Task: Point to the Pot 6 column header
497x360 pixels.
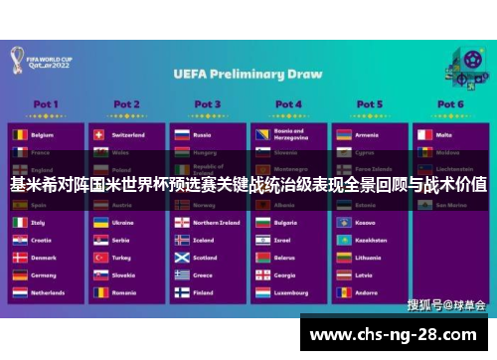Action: pos(449,103)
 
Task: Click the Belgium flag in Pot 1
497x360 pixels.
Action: pos(18,134)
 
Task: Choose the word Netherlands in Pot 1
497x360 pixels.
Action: pos(48,293)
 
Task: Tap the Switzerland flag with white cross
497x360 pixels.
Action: pos(98,134)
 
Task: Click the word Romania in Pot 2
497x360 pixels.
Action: pos(124,293)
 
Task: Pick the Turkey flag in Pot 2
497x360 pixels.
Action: pos(98,258)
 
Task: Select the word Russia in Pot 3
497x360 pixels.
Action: pos(202,134)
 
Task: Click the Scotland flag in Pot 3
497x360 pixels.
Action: pos(181,258)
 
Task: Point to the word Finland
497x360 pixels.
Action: pos(203,293)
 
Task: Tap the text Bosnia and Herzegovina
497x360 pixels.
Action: pos(289,133)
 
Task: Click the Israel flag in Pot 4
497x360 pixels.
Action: pos(261,240)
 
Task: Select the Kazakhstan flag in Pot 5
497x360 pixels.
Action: pos(342,240)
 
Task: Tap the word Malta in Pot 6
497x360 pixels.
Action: pos(443,134)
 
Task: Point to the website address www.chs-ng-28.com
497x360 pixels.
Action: pos(398,333)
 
